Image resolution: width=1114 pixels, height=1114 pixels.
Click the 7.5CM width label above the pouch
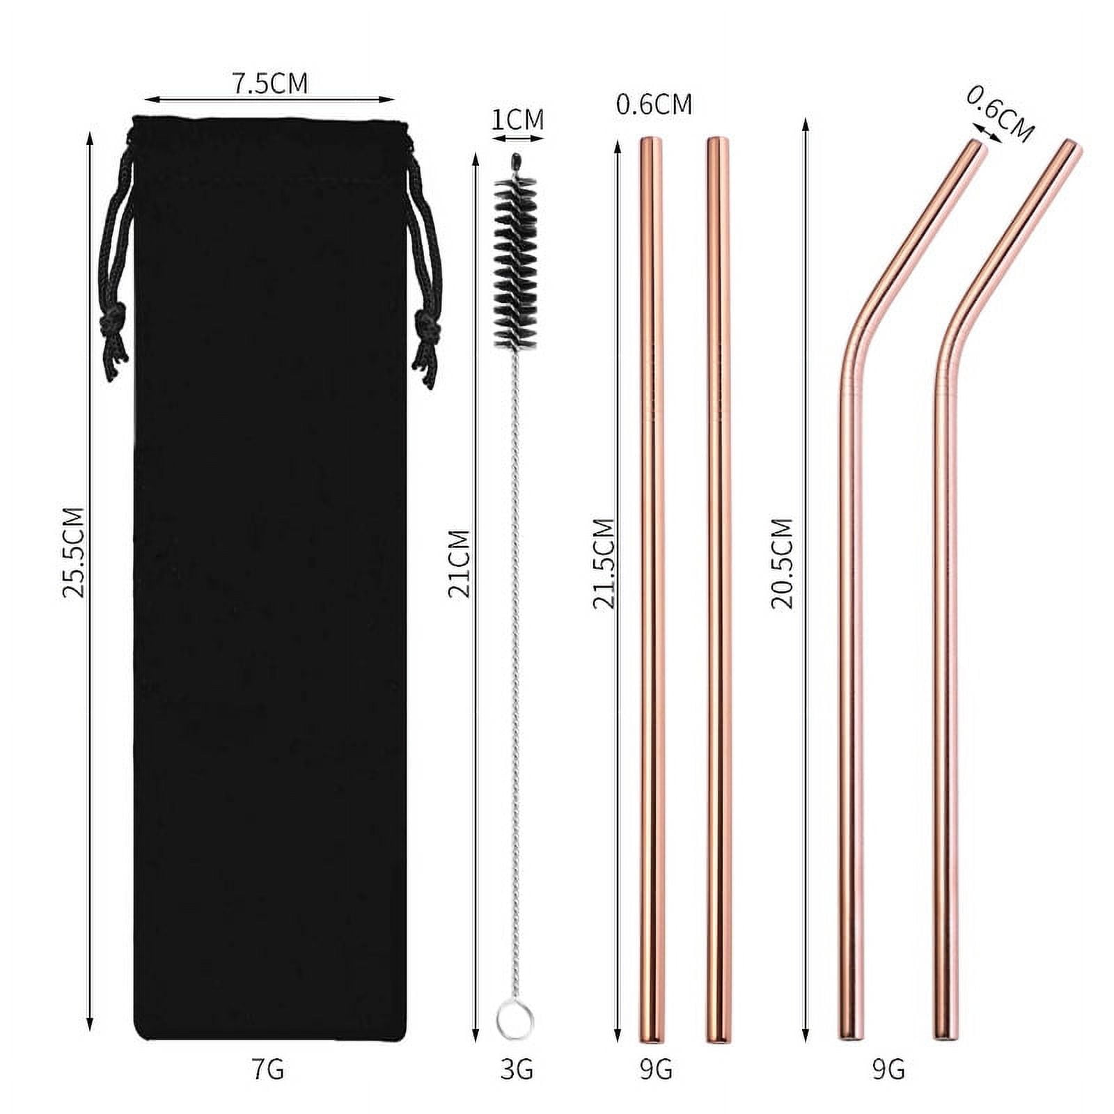coord(269,83)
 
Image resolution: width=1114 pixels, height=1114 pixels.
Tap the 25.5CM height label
coord(73,552)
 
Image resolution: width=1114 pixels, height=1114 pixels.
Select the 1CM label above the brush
coord(517,120)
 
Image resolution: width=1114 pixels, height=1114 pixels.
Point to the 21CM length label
coord(459,563)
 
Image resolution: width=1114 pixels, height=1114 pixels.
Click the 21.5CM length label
coord(604,563)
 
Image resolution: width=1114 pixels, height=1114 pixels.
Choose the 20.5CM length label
coord(782,563)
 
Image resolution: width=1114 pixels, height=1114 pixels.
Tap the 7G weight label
coord(267,1069)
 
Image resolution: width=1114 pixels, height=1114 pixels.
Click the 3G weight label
coord(517,1069)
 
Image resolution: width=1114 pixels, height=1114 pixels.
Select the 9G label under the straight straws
coord(655,1069)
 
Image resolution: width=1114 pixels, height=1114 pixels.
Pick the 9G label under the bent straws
coord(888,1069)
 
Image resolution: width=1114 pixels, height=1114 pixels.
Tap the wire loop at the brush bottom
coord(515,1020)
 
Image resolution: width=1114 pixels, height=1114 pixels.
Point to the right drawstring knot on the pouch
coord(425,325)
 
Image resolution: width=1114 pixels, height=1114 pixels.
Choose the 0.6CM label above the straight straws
coord(654,105)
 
